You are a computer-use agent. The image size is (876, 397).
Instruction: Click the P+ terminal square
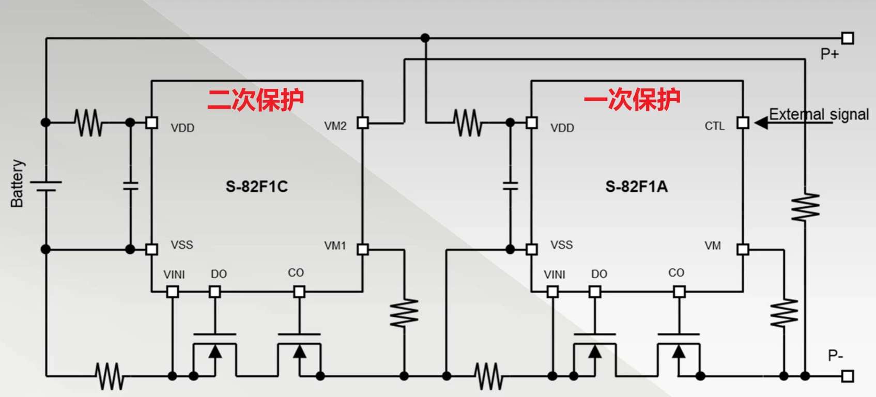(x=848, y=38)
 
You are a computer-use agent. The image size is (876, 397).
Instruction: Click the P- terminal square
(x=848, y=376)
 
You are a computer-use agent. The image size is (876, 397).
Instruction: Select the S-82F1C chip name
(x=256, y=187)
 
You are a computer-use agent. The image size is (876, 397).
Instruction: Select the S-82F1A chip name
(x=636, y=187)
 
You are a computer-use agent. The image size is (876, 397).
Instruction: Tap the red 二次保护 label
(x=255, y=99)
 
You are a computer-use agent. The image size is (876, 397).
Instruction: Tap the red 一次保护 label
(x=632, y=99)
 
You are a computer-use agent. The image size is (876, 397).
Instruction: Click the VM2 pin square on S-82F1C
(x=363, y=123)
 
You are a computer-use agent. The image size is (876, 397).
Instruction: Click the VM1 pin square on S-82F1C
(x=363, y=250)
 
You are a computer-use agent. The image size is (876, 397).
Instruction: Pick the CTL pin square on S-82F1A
(x=743, y=123)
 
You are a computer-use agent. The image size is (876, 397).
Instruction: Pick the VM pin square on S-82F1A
(x=743, y=250)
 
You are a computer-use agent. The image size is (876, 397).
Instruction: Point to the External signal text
(x=819, y=114)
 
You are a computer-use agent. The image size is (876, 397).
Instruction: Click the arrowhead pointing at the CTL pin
(x=761, y=123)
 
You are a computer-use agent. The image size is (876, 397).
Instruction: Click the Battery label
(x=17, y=184)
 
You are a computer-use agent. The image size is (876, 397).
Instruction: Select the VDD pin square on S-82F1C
(x=151, y=123)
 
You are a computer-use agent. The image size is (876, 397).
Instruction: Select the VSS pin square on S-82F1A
(x=531, y=250)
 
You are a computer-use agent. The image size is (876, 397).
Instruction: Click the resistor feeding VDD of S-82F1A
(x=468, y=123)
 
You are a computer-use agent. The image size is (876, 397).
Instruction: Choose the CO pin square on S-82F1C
(x=299, y=292)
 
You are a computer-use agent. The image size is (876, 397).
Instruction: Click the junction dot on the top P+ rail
(x=425, y=38)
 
